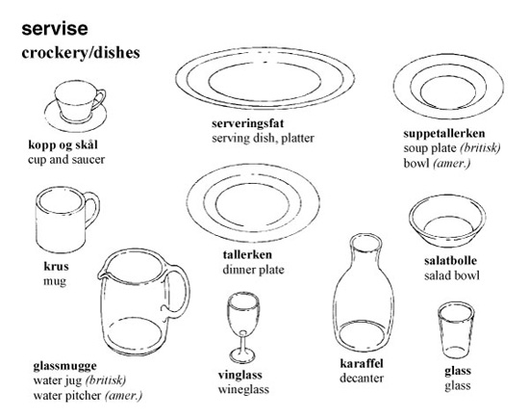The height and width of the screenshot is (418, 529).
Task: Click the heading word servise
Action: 55,29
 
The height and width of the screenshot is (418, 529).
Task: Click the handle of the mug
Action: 92,209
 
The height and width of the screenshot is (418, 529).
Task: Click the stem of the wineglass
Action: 243,341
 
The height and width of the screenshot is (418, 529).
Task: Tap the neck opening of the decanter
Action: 365,242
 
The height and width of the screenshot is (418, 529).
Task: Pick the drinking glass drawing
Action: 456,329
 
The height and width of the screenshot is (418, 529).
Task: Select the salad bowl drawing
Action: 447,221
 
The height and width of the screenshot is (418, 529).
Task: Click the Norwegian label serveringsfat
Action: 247,123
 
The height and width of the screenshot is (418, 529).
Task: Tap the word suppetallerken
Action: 444,133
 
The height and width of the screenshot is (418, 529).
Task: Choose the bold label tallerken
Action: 247,254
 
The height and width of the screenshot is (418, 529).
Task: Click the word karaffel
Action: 362,363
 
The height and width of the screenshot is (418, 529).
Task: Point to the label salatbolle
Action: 450,261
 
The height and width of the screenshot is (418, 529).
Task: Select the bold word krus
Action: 56,266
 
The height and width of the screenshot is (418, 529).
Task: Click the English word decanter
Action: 362,379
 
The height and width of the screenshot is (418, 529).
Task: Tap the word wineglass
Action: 243,390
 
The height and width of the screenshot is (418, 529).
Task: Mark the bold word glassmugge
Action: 64,366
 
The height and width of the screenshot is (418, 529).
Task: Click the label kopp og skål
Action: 63,145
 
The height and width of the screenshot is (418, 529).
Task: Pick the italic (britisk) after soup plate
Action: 480,148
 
